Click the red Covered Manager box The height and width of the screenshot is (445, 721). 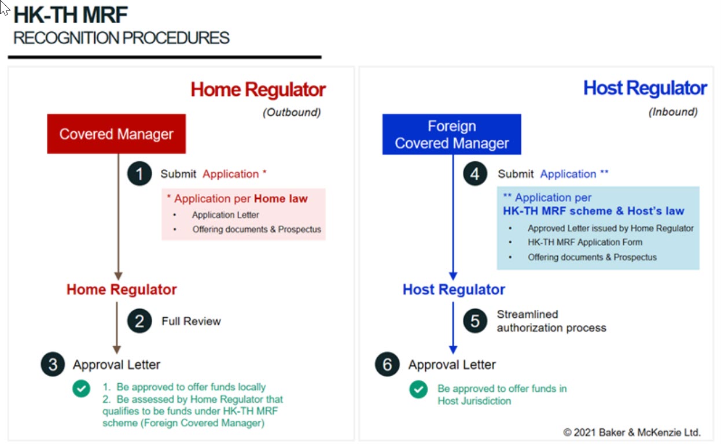pyautogui.click(x=116, y=134)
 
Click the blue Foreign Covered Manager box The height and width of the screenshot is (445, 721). pyautogui.click(x=451, y=134)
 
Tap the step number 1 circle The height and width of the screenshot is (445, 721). pyautogui.click(x=139, y=174)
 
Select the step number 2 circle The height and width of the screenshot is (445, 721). pyautogui.click(x=139, y=321)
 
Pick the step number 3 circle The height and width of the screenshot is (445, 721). pyautogui.click(x=53, y=365)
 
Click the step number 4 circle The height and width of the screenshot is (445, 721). pyautogui.click(x=474, y=174)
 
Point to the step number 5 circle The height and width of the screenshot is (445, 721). pyautogui.click(x=474, y=321)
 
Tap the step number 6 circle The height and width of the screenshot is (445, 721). pyautogui.click(x=388, y=365)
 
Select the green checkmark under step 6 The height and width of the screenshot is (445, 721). pyautogui.click(x=418, y=390)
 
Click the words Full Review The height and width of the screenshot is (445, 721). pyautogui.click(x=191, y=321)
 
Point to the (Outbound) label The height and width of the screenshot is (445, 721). pyautogui.click(x=292, y=113)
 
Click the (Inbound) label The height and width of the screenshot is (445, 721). pyautogui.click(x=673, y=112)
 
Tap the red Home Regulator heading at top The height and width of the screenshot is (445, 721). pyautogui.click(x=258, y=90)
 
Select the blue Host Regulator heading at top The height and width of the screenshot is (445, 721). pyautogui.click(x=645, y=88)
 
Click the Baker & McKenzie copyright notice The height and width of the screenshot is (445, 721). pyautogui.click(x=632, y=432)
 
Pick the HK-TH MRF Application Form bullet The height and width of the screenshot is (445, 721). pyautogui.click(x=584, y=243)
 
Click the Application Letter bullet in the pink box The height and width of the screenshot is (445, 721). pyautogui.click(x=226, y=215)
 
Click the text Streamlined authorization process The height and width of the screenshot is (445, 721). pyautogui.click(x=551, y=321)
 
